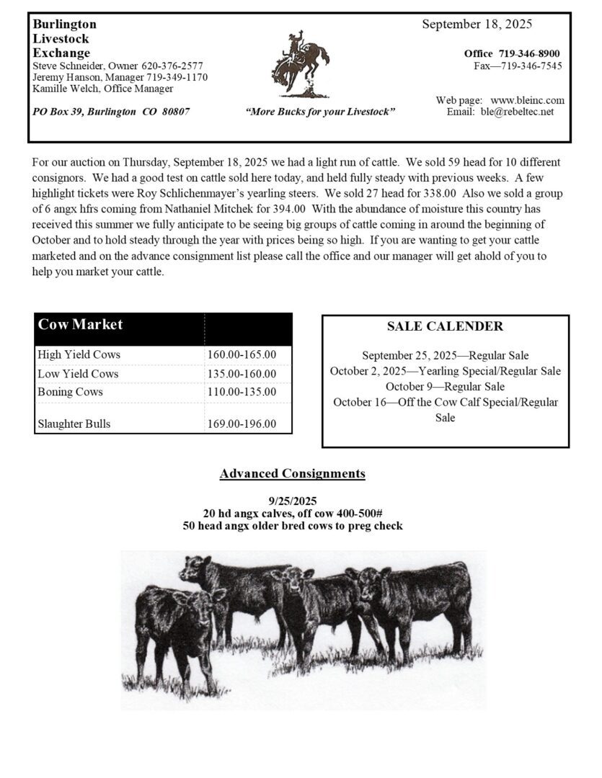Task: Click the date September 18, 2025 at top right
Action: pos(477,24)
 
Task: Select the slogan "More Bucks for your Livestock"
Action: pos(320,112)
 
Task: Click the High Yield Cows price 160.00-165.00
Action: pos(242,355)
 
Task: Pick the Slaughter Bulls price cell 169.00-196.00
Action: pos(242,424)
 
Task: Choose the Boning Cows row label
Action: pos(70,392)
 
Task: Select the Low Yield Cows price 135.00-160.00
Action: pos(242,374)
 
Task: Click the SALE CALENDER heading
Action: pos(445,326)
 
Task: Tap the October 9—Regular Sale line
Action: pos(445,386)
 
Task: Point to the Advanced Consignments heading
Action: pos(292,473)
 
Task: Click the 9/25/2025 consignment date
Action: pos(292,501)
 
